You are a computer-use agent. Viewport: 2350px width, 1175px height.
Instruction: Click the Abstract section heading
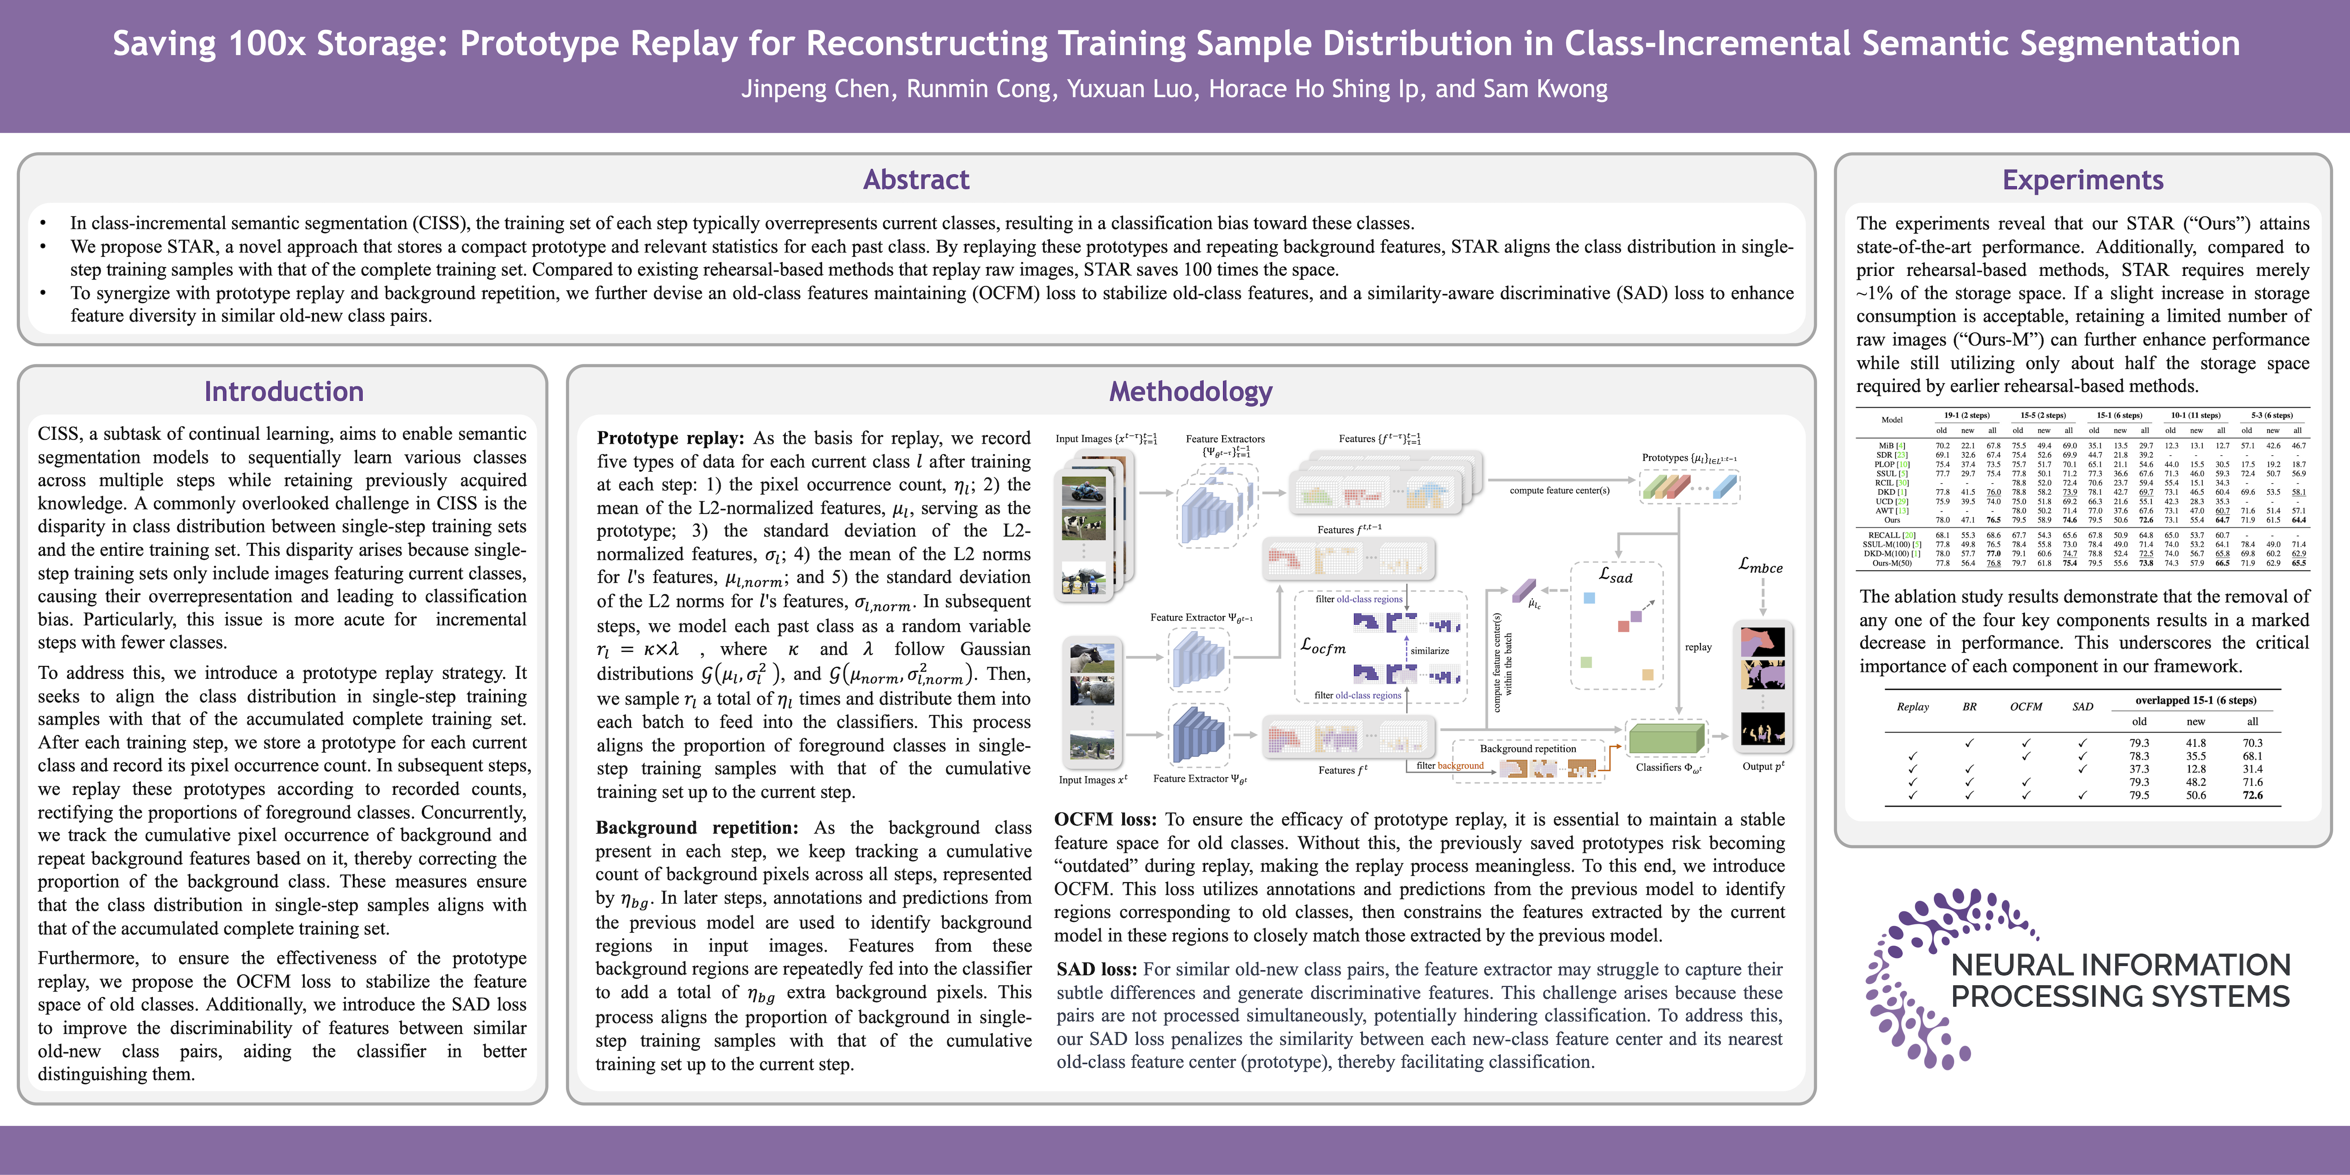(916, 180)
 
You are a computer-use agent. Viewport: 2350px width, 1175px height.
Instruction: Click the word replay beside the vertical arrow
(1698, 647)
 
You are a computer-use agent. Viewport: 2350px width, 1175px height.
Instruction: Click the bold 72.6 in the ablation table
(2252, 795)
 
